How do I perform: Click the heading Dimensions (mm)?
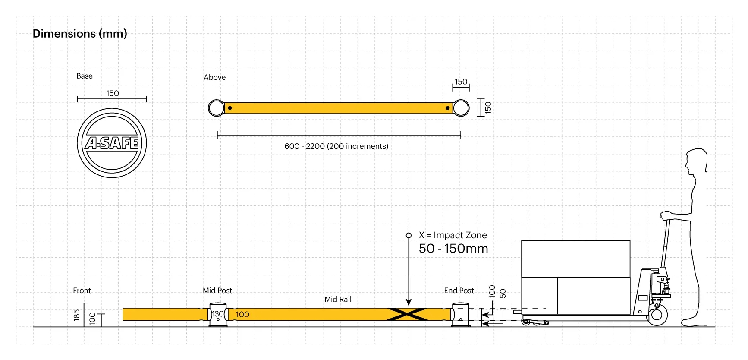point(80,34)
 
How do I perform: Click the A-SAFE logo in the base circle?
point(112,143)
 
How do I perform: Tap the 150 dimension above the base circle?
point(113,93)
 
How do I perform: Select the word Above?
point(214,77)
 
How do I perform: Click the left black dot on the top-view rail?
point(230,108)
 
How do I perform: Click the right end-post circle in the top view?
point(461,108)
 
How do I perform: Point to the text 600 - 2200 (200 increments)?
point(336,146)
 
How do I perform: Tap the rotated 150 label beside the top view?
point(488,107)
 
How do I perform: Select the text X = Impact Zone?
point(453,235)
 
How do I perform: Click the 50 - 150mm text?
point(453,249)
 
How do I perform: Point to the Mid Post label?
point(217,291)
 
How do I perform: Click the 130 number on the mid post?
point(218,314)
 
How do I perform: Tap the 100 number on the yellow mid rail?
point(242,314)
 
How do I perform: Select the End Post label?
point(459,291)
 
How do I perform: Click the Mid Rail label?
point(338,299)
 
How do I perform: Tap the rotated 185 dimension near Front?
point(77,315)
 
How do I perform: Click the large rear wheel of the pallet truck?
point(657,315)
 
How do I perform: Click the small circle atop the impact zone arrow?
point(409,235)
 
